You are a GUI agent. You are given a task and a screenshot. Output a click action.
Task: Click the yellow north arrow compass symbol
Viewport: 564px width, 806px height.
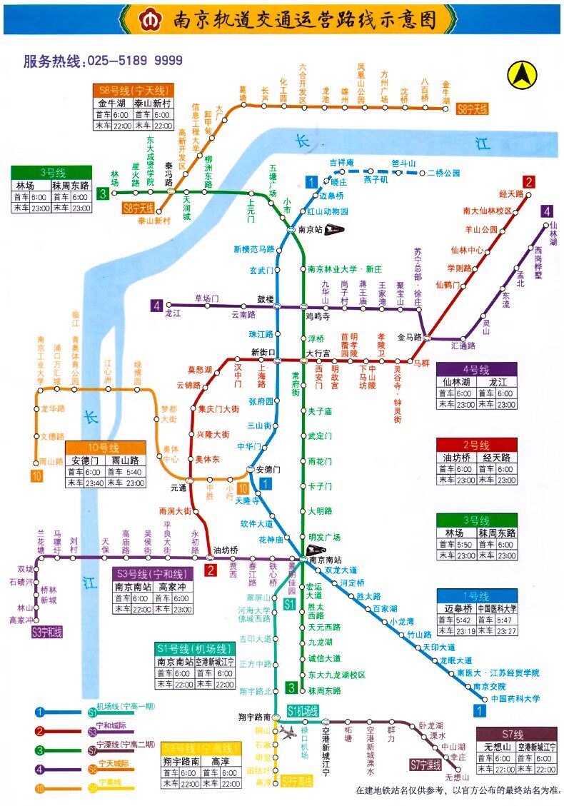[x=521, y=74]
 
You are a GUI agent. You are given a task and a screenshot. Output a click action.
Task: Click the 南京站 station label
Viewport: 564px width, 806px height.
[x=311, y=230]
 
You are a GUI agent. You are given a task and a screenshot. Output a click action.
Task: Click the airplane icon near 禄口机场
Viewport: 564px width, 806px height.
[x=289, y=732]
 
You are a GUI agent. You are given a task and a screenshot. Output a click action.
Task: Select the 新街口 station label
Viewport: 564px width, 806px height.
[x=263, y=352]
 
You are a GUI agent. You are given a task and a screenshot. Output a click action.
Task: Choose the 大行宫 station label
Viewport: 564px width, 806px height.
[x=318, y=353]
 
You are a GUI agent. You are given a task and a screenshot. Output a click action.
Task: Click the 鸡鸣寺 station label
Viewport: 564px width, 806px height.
[x=318, y=315]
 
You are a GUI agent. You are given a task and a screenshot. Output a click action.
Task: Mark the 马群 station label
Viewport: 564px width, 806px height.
[x=423, y=363]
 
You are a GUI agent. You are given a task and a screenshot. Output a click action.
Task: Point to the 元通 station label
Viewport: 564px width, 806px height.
[x=178, y=488]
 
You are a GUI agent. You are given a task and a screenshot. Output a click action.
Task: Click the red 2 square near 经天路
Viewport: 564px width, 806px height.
[x=528, y=181]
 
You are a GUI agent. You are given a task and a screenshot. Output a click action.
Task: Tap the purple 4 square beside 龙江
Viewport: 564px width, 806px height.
[x=156, y=306]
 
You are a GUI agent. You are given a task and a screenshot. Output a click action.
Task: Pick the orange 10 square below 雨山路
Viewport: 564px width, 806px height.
[x=36, y=476]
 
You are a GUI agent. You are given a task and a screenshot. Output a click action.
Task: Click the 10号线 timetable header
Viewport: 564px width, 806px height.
[x=106, y=448]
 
